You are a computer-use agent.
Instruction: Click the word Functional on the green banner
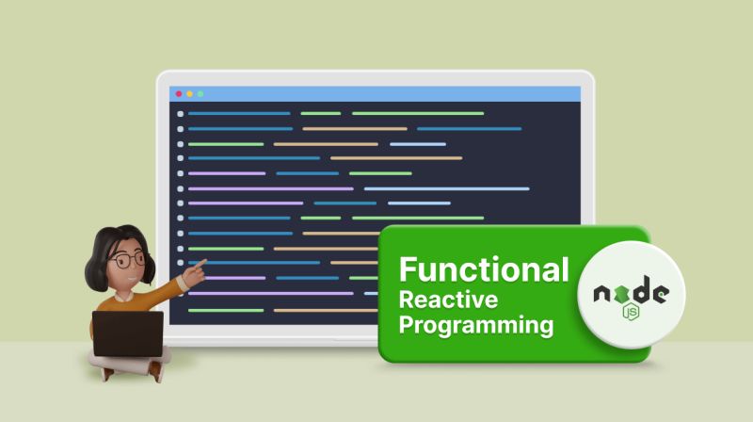pos(484,268)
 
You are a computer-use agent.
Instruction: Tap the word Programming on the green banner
pos(475,327)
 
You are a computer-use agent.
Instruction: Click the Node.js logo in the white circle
pos(631,297)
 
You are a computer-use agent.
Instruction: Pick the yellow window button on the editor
pos(189,94)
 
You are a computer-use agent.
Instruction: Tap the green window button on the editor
pos(200,94)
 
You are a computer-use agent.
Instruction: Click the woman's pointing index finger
pos(200,268)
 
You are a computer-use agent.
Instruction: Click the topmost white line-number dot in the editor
pos(180,114)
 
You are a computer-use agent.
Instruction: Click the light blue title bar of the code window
pos(376,94)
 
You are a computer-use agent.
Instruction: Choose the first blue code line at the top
pos(239,114)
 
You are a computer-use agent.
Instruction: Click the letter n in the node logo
pos(601,295)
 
